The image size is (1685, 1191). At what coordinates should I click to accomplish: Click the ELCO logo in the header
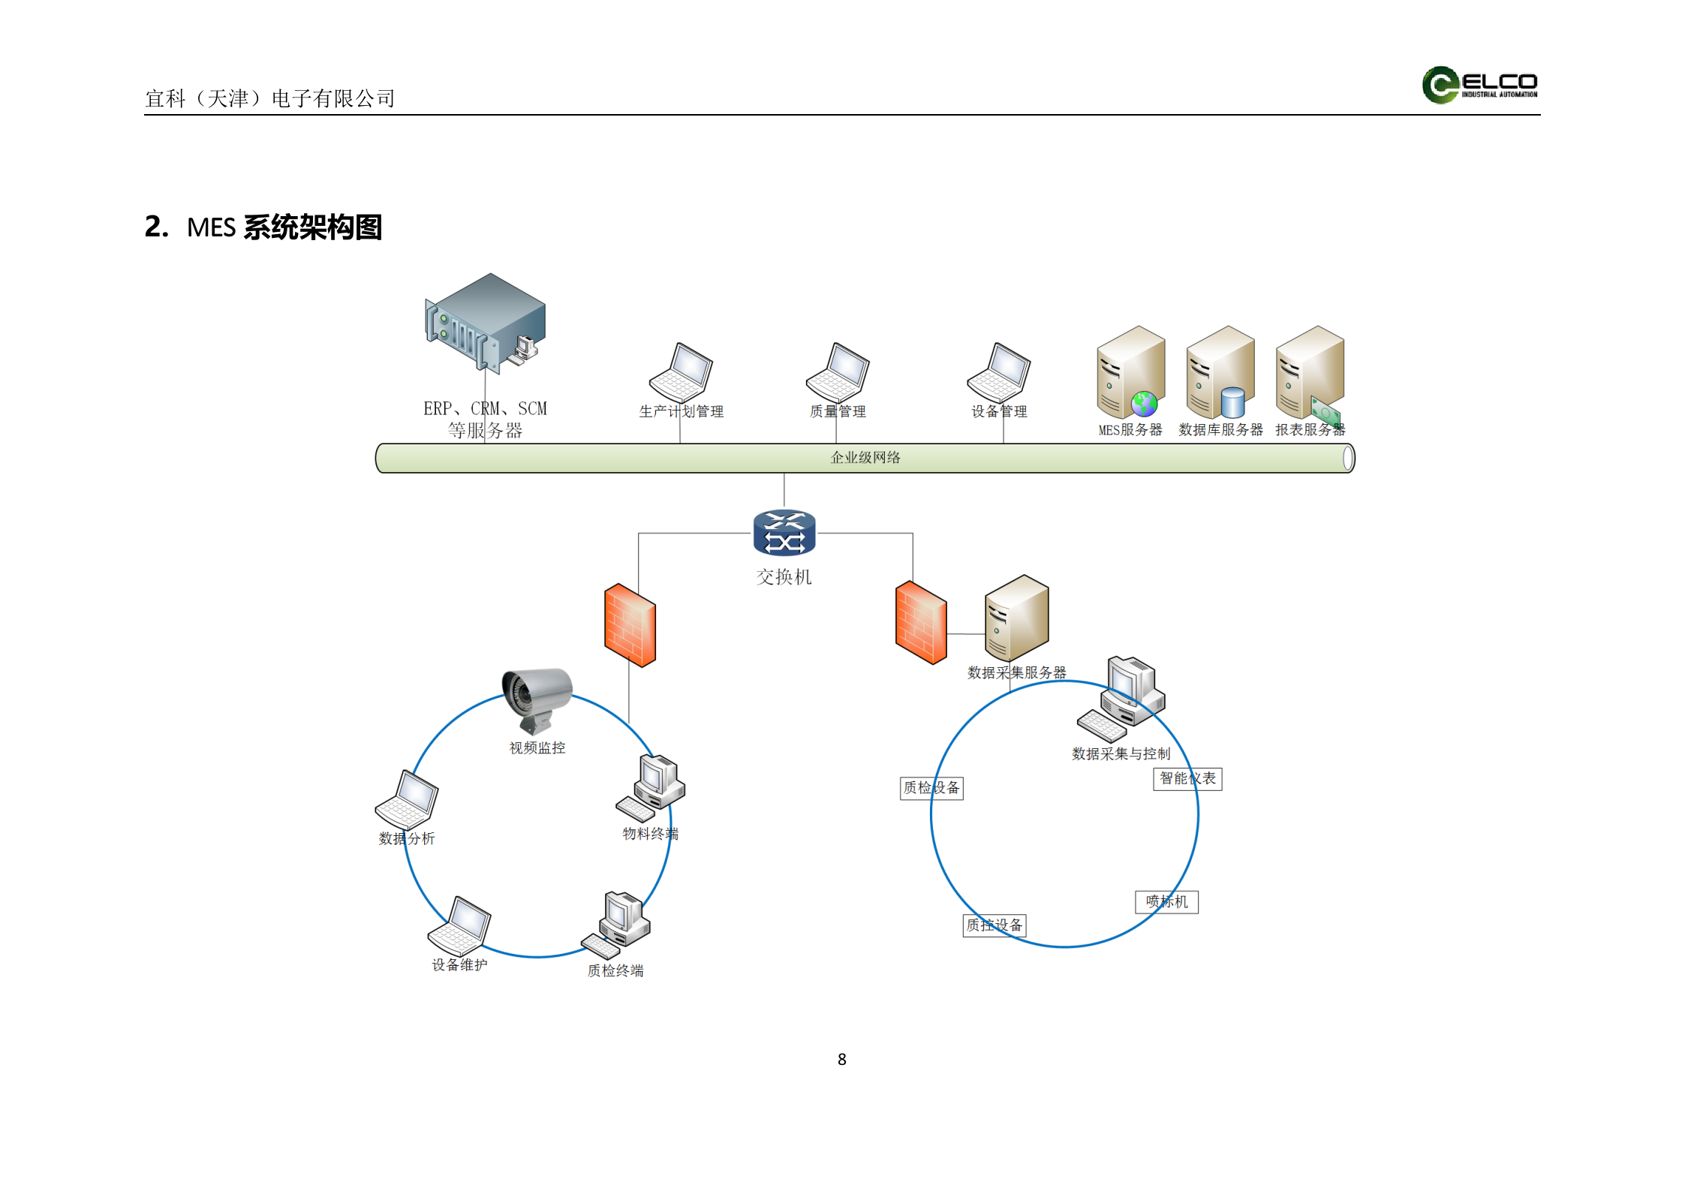click(x=1479, y=85)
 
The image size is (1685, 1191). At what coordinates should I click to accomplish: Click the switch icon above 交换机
click(x=784, y=533)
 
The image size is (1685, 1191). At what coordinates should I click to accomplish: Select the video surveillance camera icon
click(x=536, y=699)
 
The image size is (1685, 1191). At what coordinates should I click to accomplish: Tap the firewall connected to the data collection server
click(x=920, y=623)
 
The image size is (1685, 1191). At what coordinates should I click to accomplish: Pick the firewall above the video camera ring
click(x=630, y=625)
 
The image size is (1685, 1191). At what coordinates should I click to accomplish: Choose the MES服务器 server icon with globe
click(x=1130, y=372)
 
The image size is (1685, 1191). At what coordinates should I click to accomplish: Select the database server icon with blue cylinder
click(x=1220, y=372)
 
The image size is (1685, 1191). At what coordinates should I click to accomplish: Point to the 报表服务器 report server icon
click(x=1310, y=372)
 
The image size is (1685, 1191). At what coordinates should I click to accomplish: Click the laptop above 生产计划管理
click(x=681, y=373)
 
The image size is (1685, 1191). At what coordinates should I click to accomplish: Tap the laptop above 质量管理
click(x=838, y=373)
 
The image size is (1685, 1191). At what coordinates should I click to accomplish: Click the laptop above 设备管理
click(x=998, y=373)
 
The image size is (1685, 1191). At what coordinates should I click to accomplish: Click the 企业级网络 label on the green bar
click(x=865, y=458)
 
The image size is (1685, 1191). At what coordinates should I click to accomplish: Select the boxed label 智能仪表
click(x=1187, y=779)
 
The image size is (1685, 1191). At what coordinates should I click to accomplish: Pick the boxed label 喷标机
click(x=1166, y=902)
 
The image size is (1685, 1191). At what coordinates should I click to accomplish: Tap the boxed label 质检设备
click(x=931, y=788)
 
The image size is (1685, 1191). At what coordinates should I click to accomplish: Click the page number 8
click(x=841, y=1059)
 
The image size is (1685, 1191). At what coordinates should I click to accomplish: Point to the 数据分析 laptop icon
click(x=407, y=799)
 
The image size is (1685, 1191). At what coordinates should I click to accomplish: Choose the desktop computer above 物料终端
click(x=651, y=787)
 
